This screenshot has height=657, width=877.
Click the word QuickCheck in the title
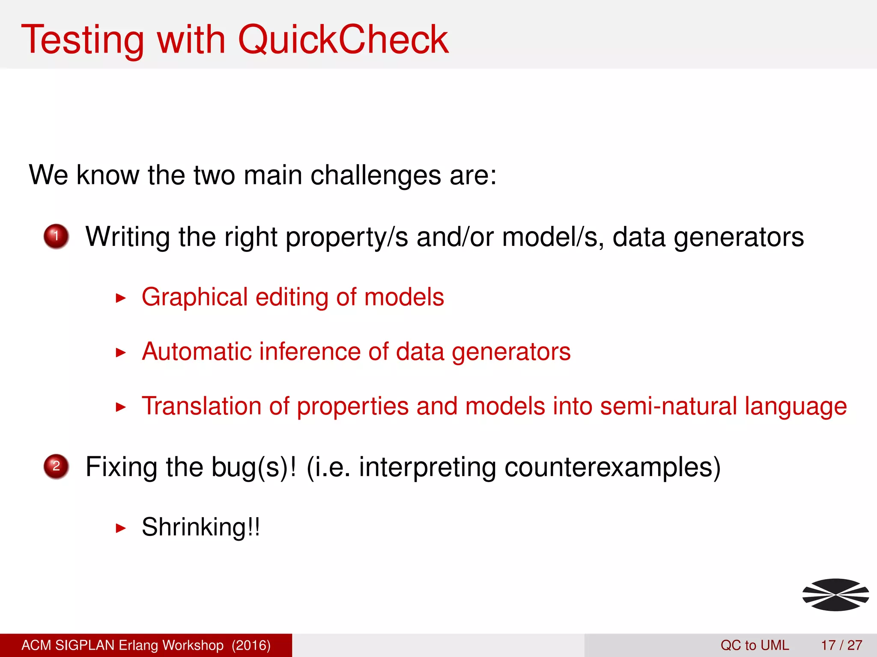[343, 39]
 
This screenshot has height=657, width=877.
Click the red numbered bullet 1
[56, 236]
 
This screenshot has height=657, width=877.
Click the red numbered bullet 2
[56, 466]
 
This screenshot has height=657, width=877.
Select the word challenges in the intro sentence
[376, 175]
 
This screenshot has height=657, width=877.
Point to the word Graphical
[195, 297]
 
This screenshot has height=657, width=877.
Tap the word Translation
[201, 406]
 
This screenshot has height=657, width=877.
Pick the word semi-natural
[668, 406]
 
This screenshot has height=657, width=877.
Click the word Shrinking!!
[201, 527]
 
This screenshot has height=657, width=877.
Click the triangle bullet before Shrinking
[121, 529]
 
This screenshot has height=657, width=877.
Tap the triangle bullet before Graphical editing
[121, 298]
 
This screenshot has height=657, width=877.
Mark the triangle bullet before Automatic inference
[121, 353]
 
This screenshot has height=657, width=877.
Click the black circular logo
[835, 595]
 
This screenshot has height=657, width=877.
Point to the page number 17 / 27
[841, 645]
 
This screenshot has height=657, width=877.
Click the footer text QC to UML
[755, 645]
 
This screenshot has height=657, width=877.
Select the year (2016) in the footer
[251, 645]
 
